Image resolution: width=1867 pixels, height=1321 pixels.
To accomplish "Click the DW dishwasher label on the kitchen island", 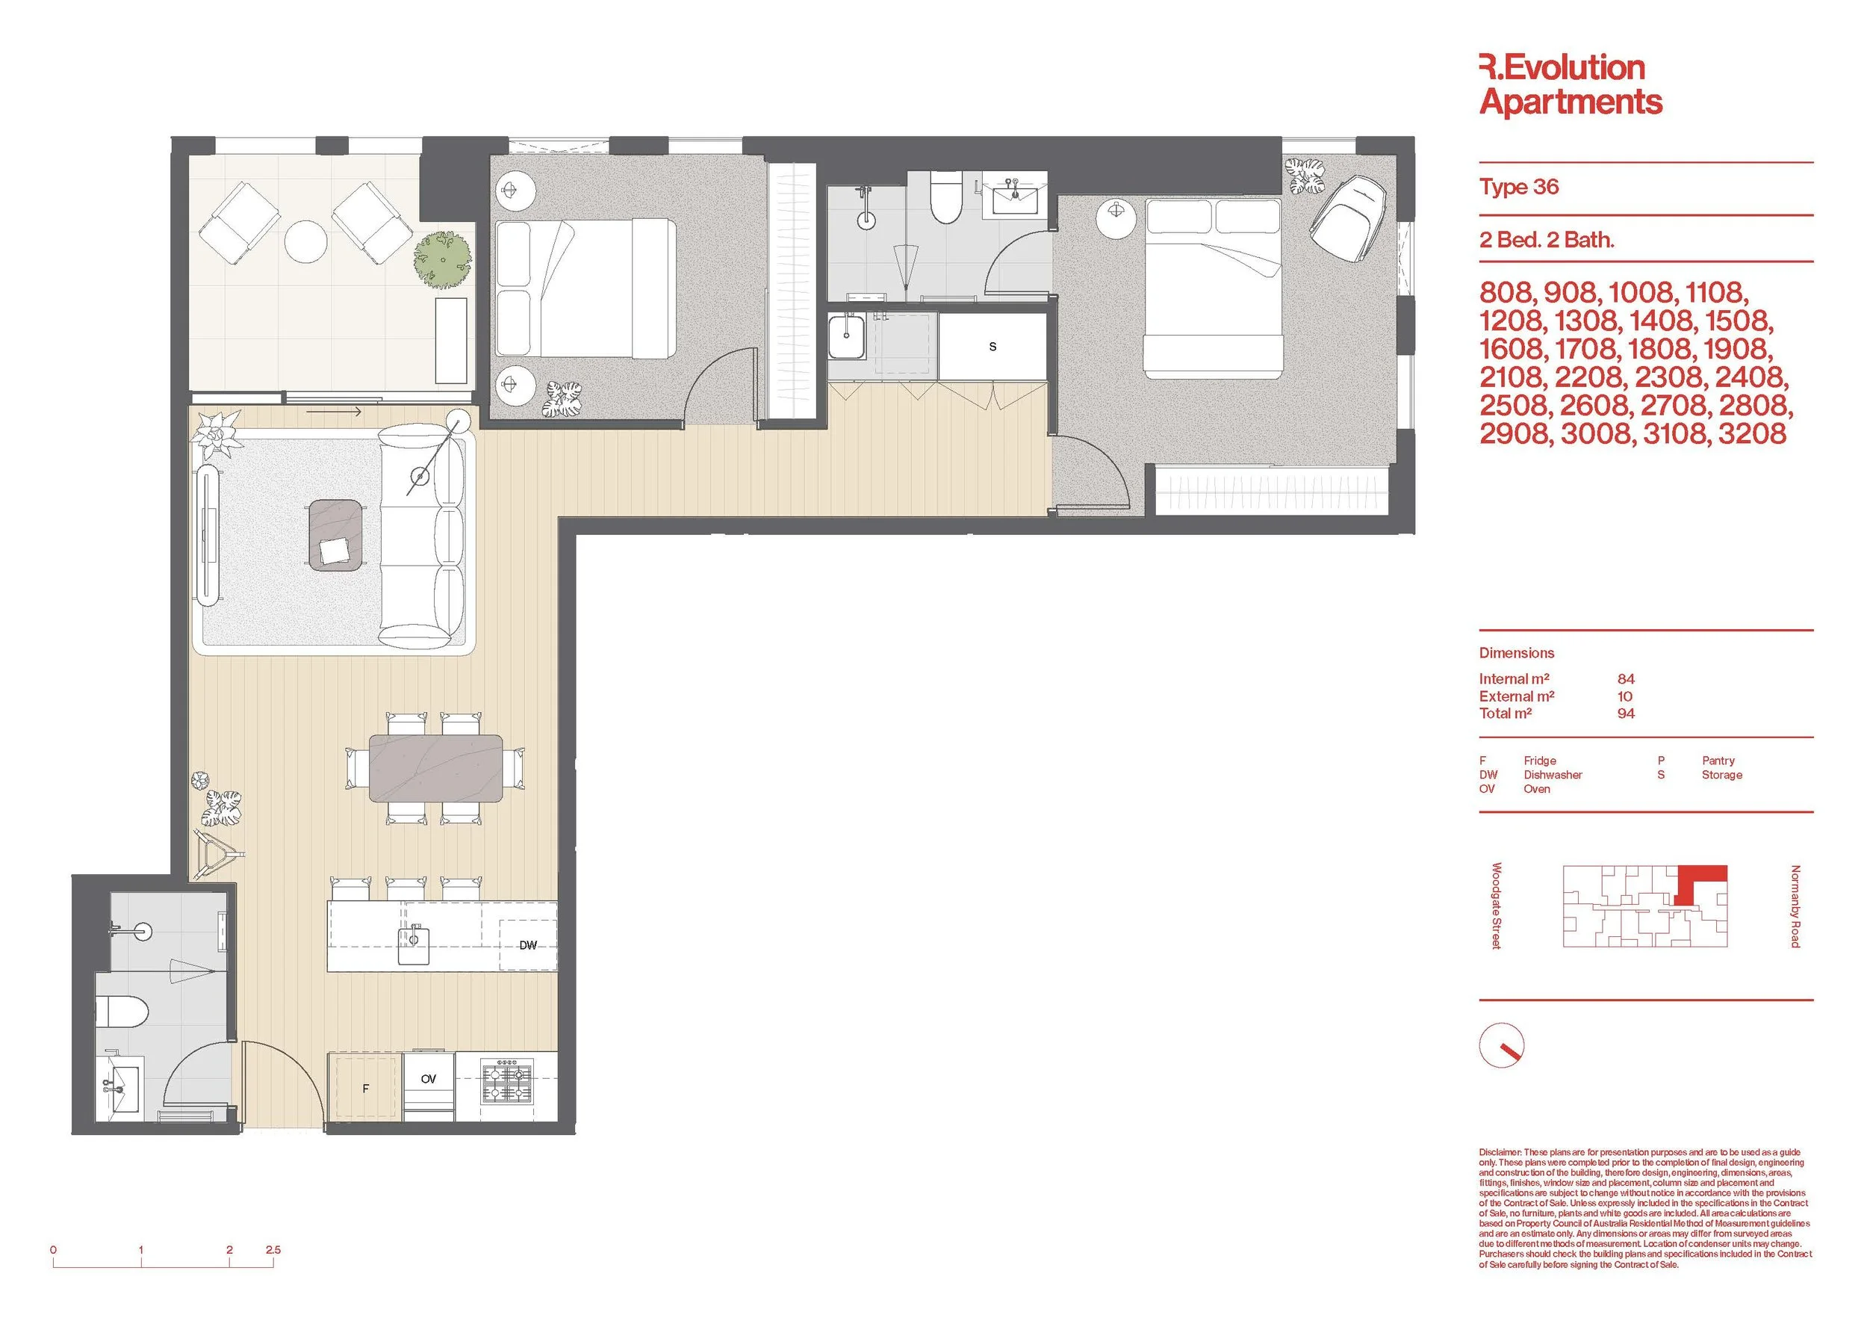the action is [528, 944].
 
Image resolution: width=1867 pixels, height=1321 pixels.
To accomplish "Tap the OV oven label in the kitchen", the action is [429, 1079].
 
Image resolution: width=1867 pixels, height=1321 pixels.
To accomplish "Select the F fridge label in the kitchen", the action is [366, 1089].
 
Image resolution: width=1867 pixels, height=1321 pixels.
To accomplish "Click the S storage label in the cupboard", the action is [992, 347].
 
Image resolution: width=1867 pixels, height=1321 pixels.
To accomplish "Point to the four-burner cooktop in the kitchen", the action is [507, 1080].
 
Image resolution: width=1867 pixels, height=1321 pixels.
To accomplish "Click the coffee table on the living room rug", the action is [335, 534].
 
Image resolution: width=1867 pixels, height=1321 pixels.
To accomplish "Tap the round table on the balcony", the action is [305, 241].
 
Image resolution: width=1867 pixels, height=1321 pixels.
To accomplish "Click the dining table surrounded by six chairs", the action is [436, 768].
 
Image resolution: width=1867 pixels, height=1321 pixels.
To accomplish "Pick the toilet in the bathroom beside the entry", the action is [122, 1012].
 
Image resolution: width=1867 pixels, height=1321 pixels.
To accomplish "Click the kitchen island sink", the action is [413, 944].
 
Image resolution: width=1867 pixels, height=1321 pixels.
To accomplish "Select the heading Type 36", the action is [1519, 187].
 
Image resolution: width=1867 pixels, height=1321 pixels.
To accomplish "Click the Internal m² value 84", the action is [1626, 678].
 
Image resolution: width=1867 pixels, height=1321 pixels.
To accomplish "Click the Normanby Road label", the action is [1795, 906].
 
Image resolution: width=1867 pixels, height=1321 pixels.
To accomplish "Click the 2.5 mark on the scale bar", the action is [273, 1249].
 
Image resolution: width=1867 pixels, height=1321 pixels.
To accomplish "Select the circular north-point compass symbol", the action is [1501, 1045].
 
